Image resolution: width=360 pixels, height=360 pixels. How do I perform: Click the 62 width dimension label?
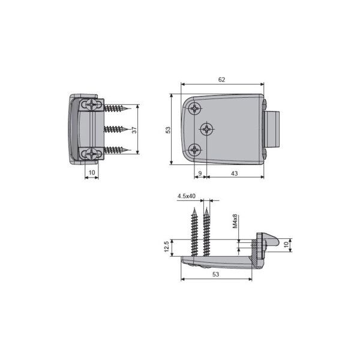(221, 80)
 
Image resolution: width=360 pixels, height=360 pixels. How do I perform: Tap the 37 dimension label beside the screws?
(134, 130)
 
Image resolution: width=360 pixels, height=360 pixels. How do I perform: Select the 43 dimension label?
(234, 173)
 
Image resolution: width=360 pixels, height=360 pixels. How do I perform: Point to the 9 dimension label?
(200, 173)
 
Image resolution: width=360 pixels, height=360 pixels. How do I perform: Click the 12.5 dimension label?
(167, 246)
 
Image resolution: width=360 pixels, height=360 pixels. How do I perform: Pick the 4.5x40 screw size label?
(187, 196)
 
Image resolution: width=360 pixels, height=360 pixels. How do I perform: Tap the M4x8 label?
(235, 221)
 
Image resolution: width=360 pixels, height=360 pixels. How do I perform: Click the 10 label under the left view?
(92, 172)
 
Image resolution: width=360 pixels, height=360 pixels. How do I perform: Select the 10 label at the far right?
(286, 245)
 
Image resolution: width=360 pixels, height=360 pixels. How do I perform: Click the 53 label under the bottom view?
(215, 274)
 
